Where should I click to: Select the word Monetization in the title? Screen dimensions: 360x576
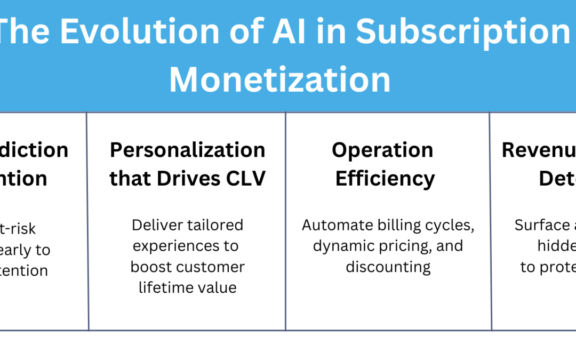[279, 79]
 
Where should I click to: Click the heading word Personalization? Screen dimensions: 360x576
[188, 150]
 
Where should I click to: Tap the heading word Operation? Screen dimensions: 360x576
[382, 150]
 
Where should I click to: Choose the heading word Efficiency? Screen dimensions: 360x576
[385, 179]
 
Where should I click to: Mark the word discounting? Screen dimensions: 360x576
[388, 267]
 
